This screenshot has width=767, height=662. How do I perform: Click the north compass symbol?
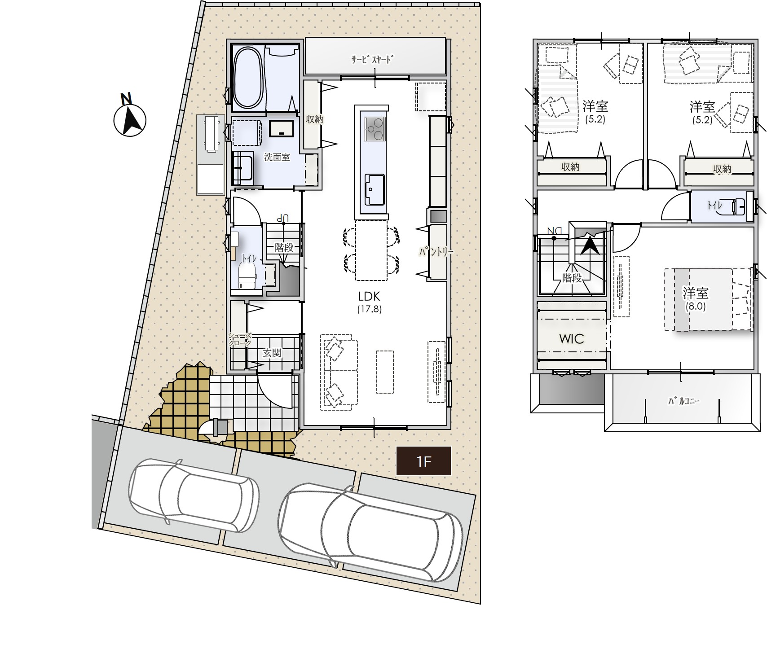[x=129, y=117]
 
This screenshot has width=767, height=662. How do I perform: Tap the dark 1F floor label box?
[x=423, y=461]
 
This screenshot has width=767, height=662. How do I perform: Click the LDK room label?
[x=369, y=296]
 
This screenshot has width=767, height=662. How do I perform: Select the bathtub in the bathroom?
[x=248, y=78]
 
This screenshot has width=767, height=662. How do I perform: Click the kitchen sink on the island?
[x=374, y=189]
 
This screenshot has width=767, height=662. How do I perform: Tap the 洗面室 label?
[x=277, y=157]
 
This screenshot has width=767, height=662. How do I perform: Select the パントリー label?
[x=436, y=252]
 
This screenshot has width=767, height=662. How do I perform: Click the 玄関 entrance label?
[x=272, y=353]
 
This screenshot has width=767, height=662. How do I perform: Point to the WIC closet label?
[x=571, y=339]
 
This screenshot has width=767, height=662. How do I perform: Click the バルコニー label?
[x=683, y=401]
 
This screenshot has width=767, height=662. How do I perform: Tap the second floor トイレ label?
[x=714, y=206]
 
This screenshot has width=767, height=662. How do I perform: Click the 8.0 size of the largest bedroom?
[x=696, y=307]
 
